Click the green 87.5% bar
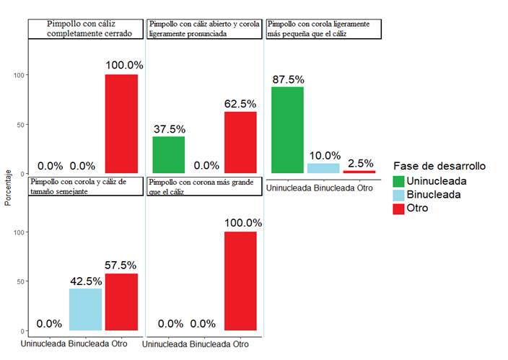[287, 130]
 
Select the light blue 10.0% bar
[323, 168]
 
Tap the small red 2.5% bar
[359, 172]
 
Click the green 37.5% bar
[169, 155]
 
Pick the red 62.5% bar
[240, 143]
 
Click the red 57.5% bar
[121, 302]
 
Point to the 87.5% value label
[287, 79]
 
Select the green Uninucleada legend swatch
[398, 180]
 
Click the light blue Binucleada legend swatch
[398, 194]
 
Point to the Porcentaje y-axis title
[8, 187]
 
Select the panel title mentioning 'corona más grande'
[204, 186]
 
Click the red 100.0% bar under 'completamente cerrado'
[121, 124]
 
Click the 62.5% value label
[240, 104]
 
